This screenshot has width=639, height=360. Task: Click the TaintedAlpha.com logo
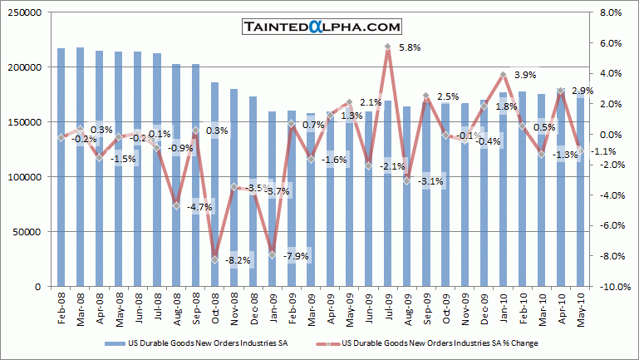click(x=322, y=27)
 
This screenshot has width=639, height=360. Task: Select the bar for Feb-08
click(x=61, y=166)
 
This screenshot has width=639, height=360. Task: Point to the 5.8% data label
click(x=409, y=47)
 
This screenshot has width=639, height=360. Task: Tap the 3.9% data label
click(x=524, y=75)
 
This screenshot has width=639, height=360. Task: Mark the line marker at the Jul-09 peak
click(x=388, y=47)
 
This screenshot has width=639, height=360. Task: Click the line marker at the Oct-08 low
click(x=215, y=259)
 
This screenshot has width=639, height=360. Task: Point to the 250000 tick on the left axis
click(x=27, y=12)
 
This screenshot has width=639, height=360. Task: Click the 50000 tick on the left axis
click(x=31, y=232)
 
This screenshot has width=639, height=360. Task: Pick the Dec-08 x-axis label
click(x=254, y=307)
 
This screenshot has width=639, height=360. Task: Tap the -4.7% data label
click(x=200, y=207)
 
